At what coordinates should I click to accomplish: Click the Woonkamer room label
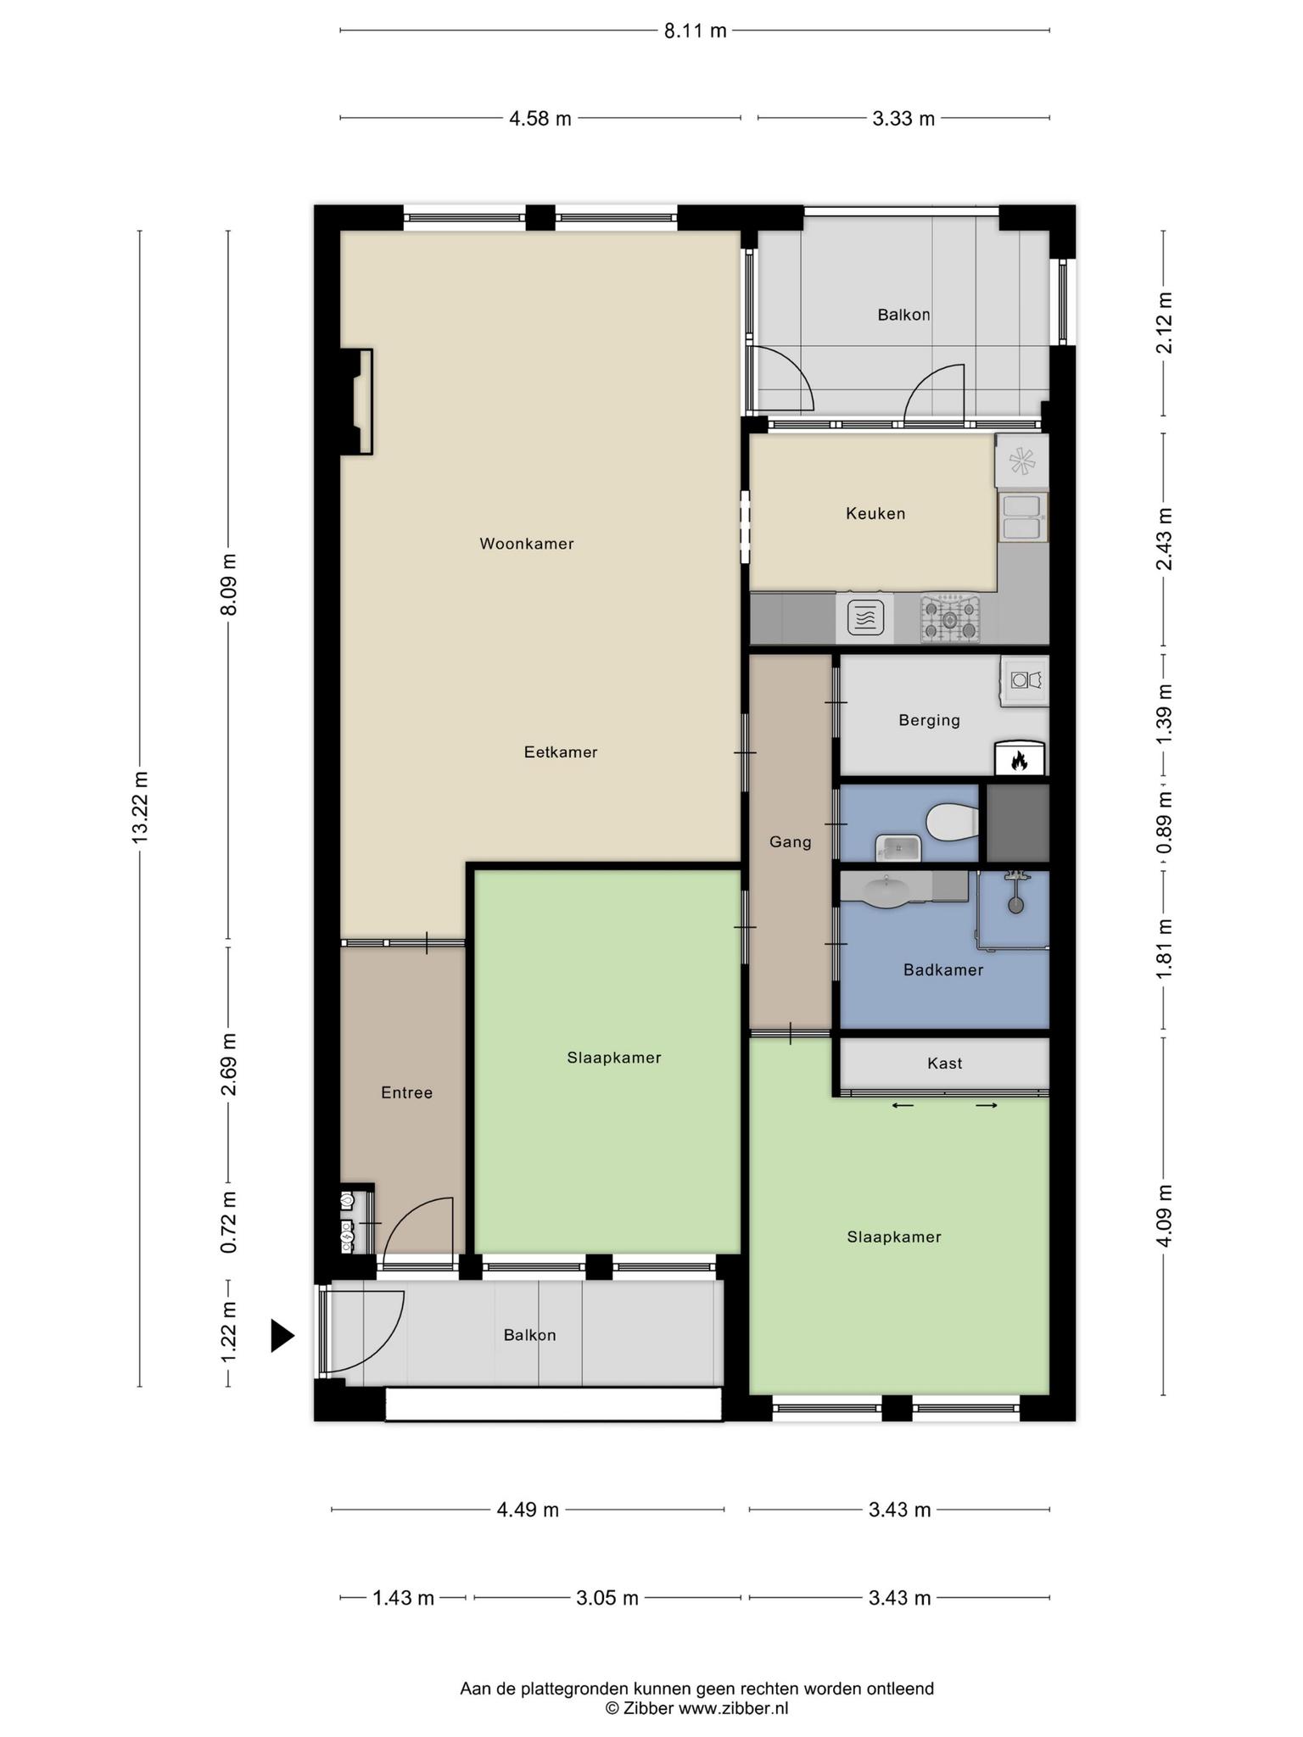(527, 544)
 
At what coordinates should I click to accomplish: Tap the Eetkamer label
(561, 752)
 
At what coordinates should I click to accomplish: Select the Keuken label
(875, 513)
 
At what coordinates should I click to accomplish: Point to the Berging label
(930, 721)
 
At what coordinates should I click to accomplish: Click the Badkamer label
(943, 969)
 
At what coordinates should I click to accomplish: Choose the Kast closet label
(945, 1063)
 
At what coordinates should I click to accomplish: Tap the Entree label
(407, 1092)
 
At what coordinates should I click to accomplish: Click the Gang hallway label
(791, 842)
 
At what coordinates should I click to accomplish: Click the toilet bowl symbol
(952, 822)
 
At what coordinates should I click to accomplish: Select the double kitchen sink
(1023, 517)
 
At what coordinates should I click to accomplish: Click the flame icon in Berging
(1019, 761)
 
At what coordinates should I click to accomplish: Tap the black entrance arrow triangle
(282, 1335)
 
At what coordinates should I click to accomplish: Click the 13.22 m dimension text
(140, 807)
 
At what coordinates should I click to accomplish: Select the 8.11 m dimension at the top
(695, 31)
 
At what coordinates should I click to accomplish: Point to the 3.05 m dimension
(607, 1599)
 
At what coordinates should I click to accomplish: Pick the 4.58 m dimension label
(540, 119)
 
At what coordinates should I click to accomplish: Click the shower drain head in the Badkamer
(1016, 904)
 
